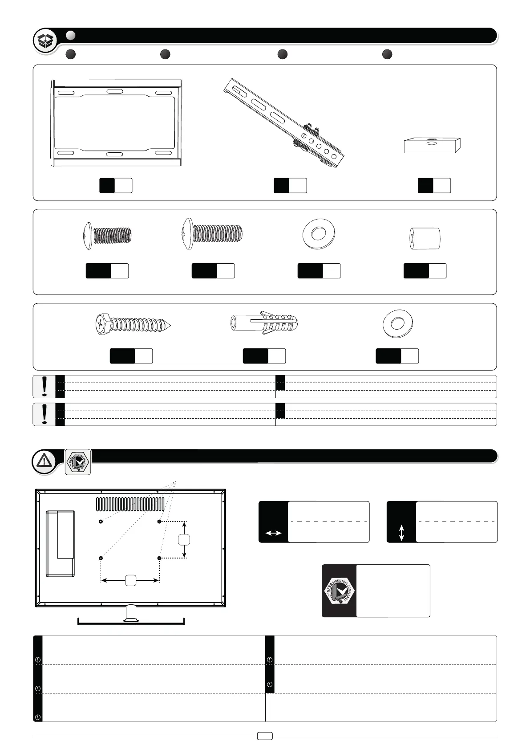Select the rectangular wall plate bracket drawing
116,123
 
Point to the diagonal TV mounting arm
285,122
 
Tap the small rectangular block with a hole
432,145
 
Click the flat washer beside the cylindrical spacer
318,234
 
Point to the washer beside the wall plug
398,323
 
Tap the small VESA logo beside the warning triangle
78,462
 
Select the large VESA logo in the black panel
339,591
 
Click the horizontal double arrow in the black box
273,533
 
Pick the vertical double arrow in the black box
401,533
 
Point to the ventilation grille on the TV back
130,504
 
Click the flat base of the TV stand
131,621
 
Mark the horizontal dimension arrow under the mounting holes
130,580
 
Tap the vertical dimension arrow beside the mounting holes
184,539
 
